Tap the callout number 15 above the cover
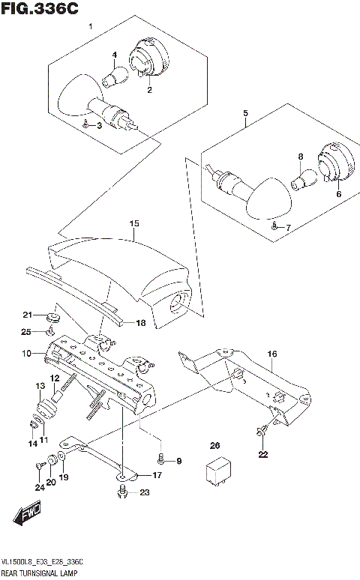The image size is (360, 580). [x=134, y=223]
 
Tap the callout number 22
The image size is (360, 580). [x=262, y=454]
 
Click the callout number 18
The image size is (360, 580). [x=140, y=323]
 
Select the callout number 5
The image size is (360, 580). [x=245, y=113]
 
